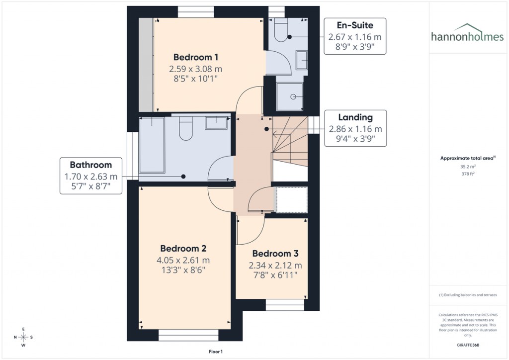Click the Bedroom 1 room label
coord(196,57)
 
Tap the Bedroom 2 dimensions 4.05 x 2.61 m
coord(183,260)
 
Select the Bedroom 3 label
coord(275,254)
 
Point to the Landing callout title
coord(355,118)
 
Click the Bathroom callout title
coord(90,165)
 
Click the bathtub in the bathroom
coord(152,145)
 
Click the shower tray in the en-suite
coord(289,96)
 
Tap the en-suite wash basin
coord(302,60)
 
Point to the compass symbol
coord(23,337)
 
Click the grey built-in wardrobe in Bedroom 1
coord(146,65)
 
